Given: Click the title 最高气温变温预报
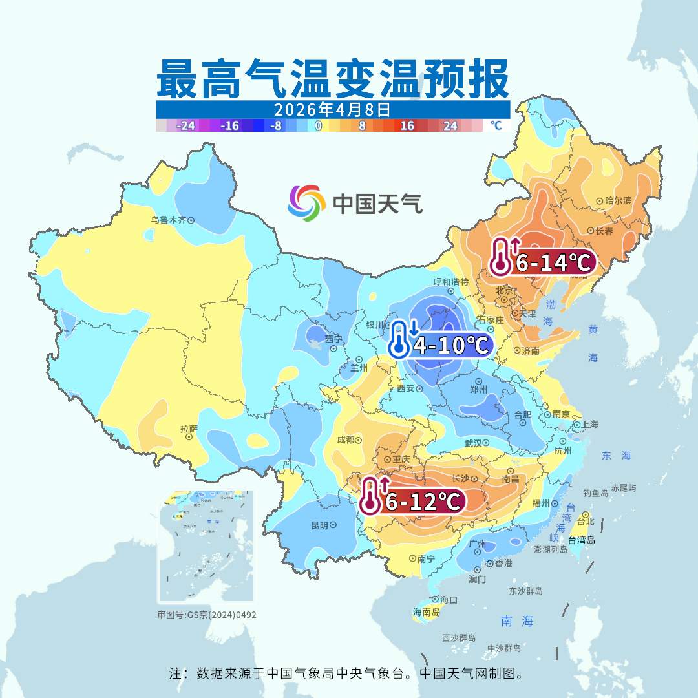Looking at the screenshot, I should [333, 79].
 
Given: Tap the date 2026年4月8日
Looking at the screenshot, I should [333, 109].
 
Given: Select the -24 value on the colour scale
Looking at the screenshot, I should [186, 126].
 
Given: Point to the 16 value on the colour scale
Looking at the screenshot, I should [407, 126].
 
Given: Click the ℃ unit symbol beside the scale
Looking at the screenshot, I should [496, 125].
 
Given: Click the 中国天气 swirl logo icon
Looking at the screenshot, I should [306, 203].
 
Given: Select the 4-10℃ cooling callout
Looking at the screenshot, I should [441, 344].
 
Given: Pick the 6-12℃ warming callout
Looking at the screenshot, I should [414, 501].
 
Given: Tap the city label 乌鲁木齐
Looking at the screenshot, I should [168, 220].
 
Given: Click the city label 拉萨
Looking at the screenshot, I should [189, 428].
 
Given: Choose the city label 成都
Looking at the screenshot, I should [346, 440].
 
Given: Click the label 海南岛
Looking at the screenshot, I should [427, 611].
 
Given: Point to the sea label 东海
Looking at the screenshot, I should [615, 456].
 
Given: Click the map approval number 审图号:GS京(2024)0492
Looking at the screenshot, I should [207, 615].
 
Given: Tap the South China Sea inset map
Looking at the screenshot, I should [206, 547].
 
